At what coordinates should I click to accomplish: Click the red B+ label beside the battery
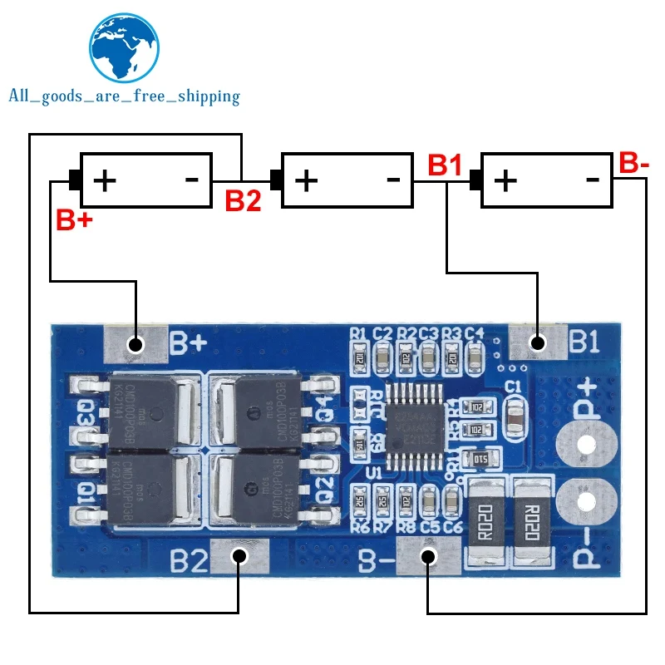pyautogui.click(x=75, y=220)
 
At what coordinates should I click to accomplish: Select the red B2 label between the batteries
pyautogui.click(x=244, y=200)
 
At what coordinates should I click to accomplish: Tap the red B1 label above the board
pyautogui.click(x=445, y=165)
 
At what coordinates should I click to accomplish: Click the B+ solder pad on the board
pyautogui.click(x=132, y=343)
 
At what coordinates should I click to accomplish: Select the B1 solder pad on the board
pyautogui.click(x=537, y=341)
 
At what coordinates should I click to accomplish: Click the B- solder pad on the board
pyautogui.click(x=427, y=556)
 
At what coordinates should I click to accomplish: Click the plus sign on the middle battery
pyautogui.click(x=307, y=179)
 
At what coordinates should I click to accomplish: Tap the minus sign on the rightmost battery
pyautogui.click(x=593, y=179)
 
